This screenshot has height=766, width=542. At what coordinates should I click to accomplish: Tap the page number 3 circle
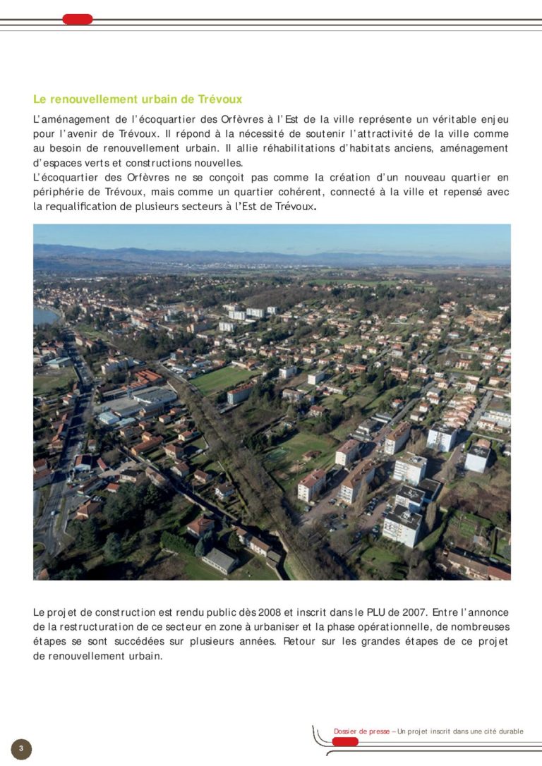(x=21, y=748)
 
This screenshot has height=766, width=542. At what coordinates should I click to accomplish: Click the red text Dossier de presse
(x=361, y=731)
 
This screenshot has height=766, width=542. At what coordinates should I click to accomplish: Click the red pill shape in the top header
(x=78, y=19)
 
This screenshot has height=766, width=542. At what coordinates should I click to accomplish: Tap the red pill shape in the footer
(x=345, y=741)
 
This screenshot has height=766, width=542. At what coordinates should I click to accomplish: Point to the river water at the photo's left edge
(x=43, y=316)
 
